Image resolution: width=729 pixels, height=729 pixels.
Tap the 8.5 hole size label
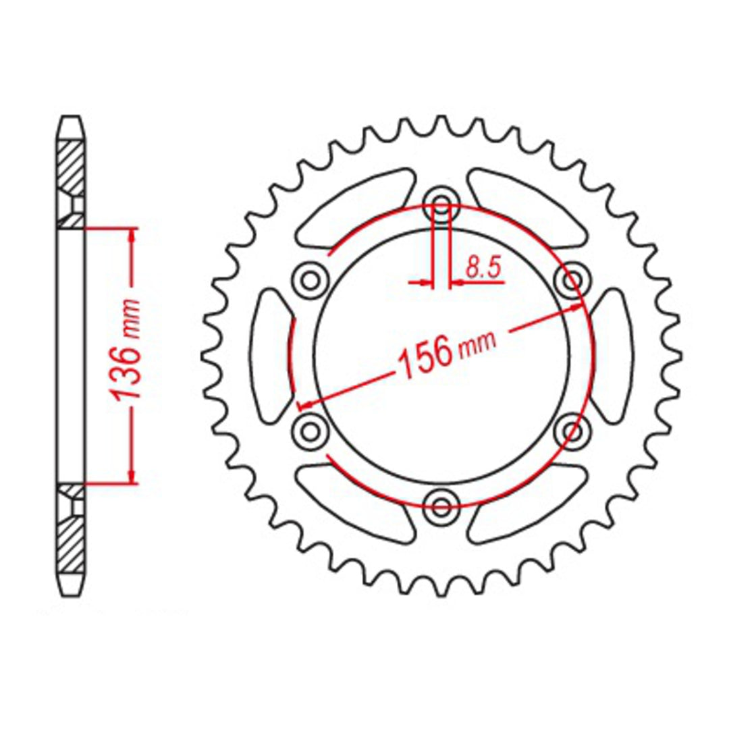point(482,269)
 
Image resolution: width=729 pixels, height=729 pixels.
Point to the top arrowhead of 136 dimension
point(133,234)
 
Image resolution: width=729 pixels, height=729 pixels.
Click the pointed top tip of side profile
point(71,119)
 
